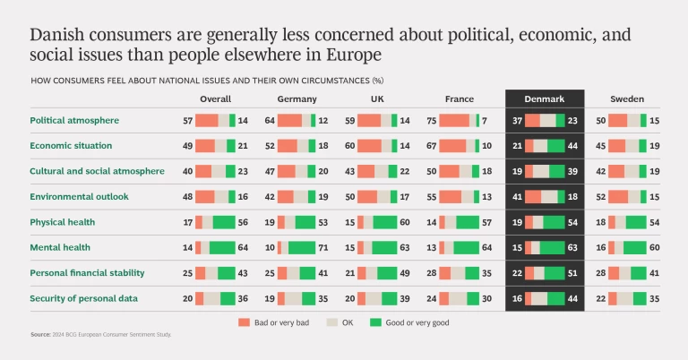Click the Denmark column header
point(544,99)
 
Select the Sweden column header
point(627,99)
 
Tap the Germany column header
point(297,99)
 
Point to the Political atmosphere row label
point(74,120)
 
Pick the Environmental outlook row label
point(80,195)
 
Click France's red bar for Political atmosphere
point(454,120)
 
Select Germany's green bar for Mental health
point(301,246)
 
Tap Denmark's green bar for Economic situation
point(555,145)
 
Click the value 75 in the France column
point(432,120)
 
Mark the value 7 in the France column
point(484,120)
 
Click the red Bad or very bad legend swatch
point(244,321)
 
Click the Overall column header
point(215,99)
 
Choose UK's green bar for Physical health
point(384,221)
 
